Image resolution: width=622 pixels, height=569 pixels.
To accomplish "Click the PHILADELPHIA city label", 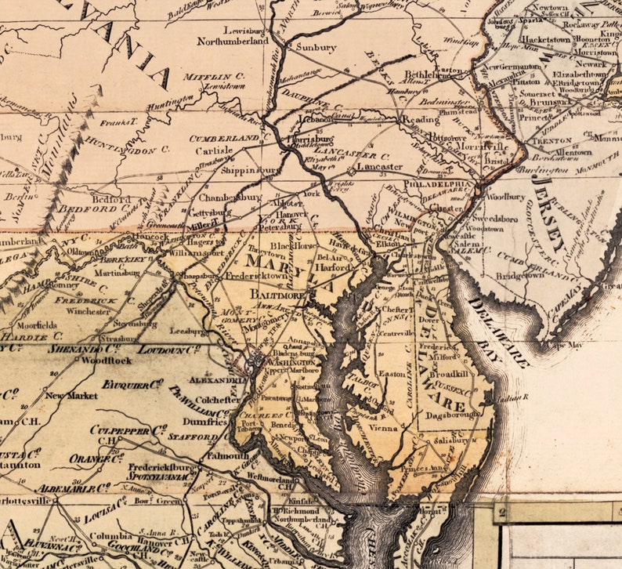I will coord(439,185).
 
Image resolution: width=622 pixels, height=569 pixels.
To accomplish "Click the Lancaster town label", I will coord(379,167).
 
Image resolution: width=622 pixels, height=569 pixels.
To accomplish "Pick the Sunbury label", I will coord(316,47).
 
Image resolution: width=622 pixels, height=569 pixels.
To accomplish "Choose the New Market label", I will coord(71,396).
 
